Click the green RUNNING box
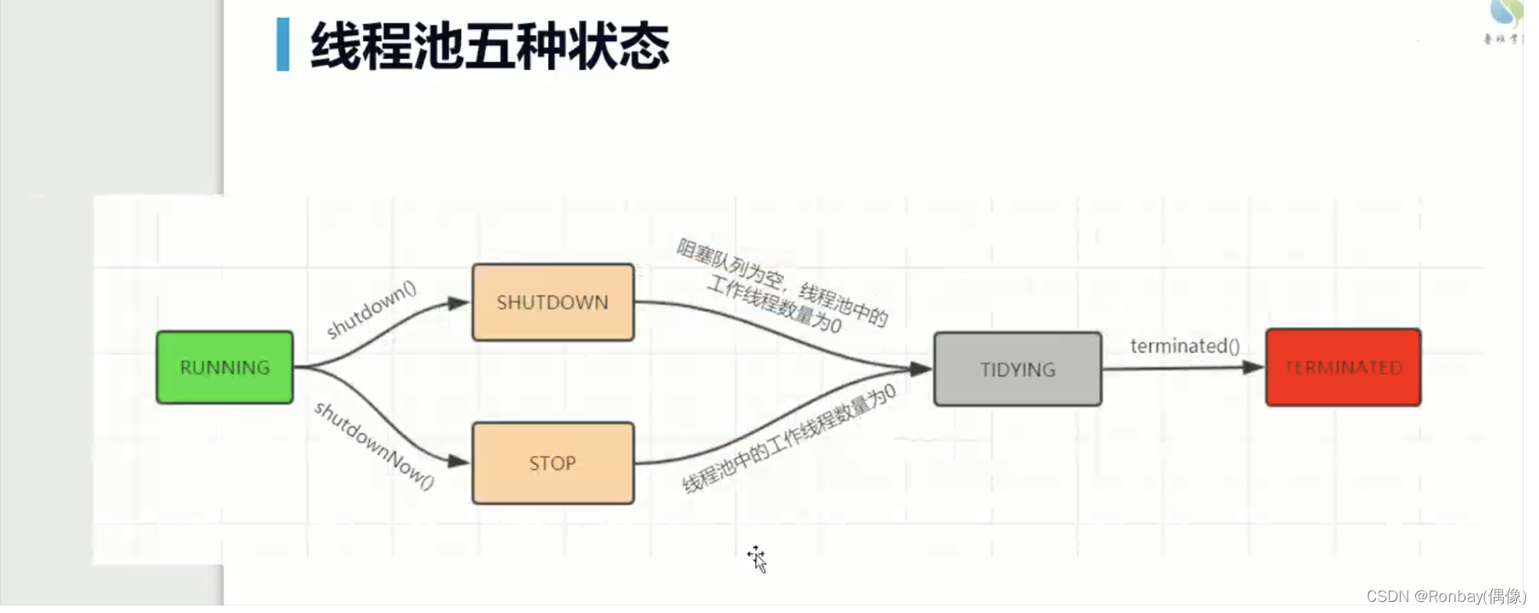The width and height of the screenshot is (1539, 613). click(x=225, y=367)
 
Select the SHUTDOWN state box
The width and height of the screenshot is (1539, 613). click(x=553, y=302)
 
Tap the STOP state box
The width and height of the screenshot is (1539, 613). click(x=553, y=463)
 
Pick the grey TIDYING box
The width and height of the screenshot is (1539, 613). click(x=1017, y=369)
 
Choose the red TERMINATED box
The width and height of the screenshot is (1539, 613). click(x=1343, y=367)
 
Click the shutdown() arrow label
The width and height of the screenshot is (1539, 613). click(x=371, y=309)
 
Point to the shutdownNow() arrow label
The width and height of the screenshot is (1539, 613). click(x=374, y=445)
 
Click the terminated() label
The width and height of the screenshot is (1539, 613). click(x=1185, y=346)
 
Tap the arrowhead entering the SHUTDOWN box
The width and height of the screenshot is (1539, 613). click(x=459, y=303)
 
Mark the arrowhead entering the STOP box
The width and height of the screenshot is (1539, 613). click(x=459, y=462)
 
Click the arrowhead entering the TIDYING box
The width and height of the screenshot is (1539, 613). click(x=921, y=369)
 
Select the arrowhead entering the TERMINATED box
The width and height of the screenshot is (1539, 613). click(x=1253, y=367)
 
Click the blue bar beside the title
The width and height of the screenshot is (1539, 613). click(x=283, y=44)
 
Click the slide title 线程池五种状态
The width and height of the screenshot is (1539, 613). click(x=489, y=46)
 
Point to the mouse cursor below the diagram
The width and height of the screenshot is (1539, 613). click(x=757, y=558)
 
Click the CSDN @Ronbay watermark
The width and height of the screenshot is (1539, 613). click(x=1445, y=596)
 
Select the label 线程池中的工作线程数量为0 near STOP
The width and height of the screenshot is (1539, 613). click(x=789, y=439)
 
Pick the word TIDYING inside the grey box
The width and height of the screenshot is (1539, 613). click(x=1017, y=370)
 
